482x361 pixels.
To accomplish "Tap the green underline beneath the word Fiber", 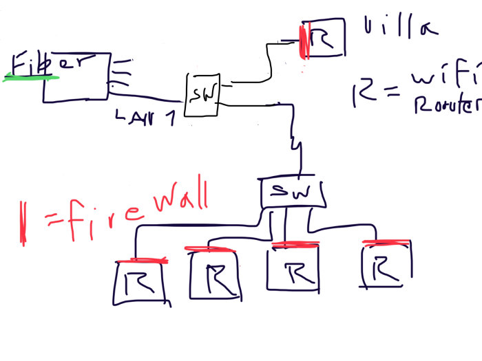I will point(31,78).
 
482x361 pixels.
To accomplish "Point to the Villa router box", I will point(323,39).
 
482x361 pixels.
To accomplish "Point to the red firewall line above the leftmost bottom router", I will point(142,261).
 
